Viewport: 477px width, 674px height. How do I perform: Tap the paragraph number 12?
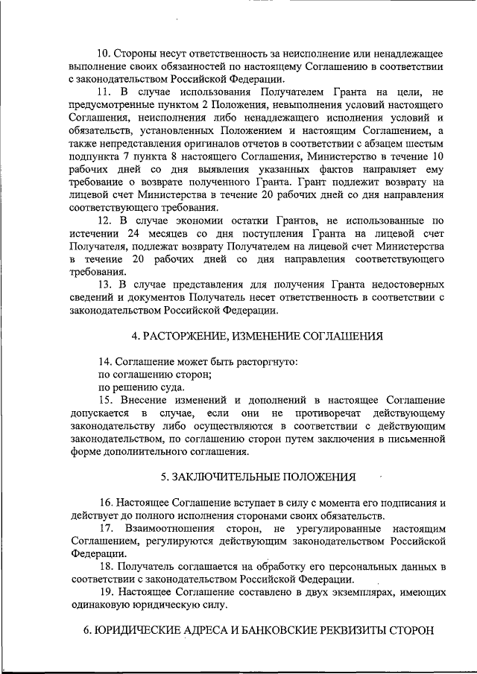(x=104, y=220)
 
